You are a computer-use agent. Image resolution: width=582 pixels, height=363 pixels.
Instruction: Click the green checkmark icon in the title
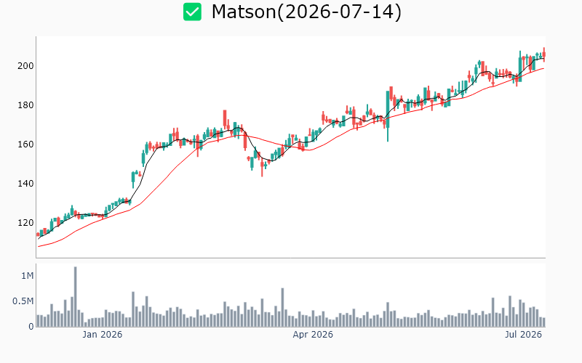point(192,12)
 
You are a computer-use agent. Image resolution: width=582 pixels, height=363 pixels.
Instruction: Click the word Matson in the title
point(244,12)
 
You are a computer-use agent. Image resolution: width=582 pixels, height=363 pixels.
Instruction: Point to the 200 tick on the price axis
point(25,66)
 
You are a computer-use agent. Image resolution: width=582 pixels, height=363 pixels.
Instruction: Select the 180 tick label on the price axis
point(25,105)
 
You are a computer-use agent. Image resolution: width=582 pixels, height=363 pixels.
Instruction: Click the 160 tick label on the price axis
point(25,144)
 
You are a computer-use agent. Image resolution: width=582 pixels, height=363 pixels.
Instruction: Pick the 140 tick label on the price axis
point(25,184)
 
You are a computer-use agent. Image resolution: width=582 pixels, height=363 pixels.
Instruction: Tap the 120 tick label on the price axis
point(25,223)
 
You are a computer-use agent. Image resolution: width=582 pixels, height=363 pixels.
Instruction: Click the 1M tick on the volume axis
point(28,276)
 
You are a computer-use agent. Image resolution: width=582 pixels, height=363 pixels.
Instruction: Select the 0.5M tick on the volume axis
point(23,301)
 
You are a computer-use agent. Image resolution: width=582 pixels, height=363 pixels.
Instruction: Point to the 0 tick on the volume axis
point(31,327)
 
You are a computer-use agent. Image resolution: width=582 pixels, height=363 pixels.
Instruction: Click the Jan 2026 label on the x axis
point(102,335)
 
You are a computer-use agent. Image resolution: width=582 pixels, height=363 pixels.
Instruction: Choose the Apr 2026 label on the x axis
point(313,335)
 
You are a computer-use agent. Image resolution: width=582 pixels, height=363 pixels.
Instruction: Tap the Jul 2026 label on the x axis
point(523,335)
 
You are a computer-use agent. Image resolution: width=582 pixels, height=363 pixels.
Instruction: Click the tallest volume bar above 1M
point(76,297)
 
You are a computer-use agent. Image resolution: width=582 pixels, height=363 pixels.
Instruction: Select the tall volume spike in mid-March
point(282,307)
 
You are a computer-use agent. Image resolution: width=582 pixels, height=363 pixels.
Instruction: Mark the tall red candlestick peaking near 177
point(225,119)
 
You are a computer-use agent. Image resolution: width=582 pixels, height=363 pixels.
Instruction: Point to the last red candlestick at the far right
point(544,54)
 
